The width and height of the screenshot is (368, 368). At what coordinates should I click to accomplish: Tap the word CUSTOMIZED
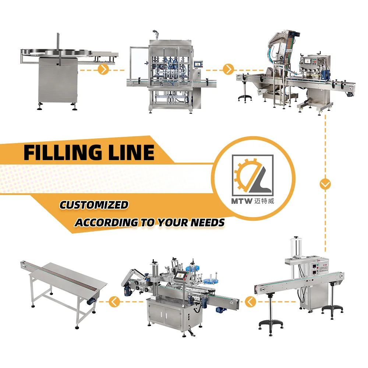tap(94, 205)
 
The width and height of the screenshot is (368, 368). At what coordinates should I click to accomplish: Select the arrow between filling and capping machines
tap(229, 69)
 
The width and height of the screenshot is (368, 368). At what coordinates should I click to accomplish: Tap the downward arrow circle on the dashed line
tap(325, 184)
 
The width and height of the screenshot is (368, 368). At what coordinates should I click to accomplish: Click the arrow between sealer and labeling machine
tap(251, 302)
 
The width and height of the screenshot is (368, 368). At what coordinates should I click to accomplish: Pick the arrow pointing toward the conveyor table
tap(114, 302)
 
